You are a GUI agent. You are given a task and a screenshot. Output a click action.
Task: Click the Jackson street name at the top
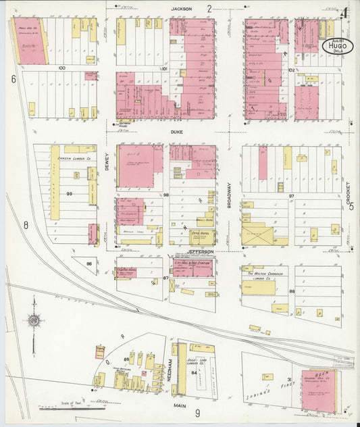click(x=181, y=9)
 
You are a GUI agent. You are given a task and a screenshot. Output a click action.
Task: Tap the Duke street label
click(x=176, y=132)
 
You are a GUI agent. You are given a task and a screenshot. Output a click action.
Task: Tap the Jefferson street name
click(x=201, y=251)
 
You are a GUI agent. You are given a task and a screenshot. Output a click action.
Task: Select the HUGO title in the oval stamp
click(x=336, y=46)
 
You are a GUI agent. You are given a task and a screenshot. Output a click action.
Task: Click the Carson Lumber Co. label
click(x=72, y=149)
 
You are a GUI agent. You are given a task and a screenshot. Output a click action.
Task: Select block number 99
click(x=70, y=195)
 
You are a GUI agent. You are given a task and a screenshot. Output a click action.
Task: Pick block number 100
click(x=61, y=68)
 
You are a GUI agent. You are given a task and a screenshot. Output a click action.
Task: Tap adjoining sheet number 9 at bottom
click(x=198, y=413)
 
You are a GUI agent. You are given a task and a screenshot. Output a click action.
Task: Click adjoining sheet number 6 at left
click(x=13, y=79)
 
